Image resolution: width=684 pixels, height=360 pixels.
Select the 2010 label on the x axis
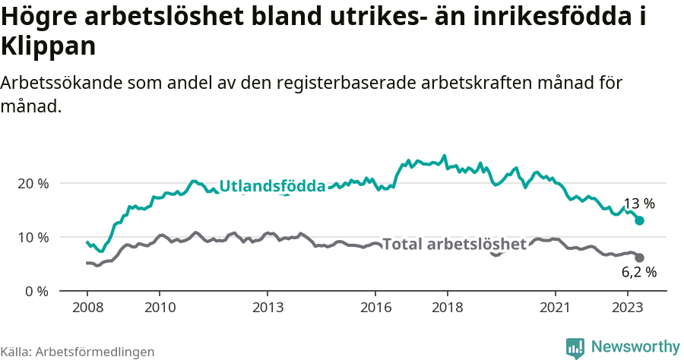(x=159, y=308)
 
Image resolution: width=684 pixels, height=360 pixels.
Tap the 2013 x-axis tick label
(x=267, y=308)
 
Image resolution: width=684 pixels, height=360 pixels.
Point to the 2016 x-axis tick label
(x=375, y=308)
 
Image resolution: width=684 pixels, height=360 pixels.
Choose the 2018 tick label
(x=447, y=308)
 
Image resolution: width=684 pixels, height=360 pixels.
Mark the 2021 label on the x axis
(x=555, y=308)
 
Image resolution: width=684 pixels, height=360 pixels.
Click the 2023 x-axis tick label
(x=627, y=308)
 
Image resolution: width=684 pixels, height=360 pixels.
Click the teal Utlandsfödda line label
(x=272, y=186)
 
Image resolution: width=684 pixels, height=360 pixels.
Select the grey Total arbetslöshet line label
(x=454, y=244)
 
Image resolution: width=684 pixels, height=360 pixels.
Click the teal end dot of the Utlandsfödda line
(x=640, y=220)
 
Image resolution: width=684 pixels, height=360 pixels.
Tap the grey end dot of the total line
(x=640, y=257)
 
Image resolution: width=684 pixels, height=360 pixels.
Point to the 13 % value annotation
(x=638, y=204)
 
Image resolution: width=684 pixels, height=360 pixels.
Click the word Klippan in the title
(x=49, y=47)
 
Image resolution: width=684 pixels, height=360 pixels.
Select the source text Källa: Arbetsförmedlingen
(x=78, y=352)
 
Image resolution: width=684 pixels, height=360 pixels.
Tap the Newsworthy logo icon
(x=575, y=347)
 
